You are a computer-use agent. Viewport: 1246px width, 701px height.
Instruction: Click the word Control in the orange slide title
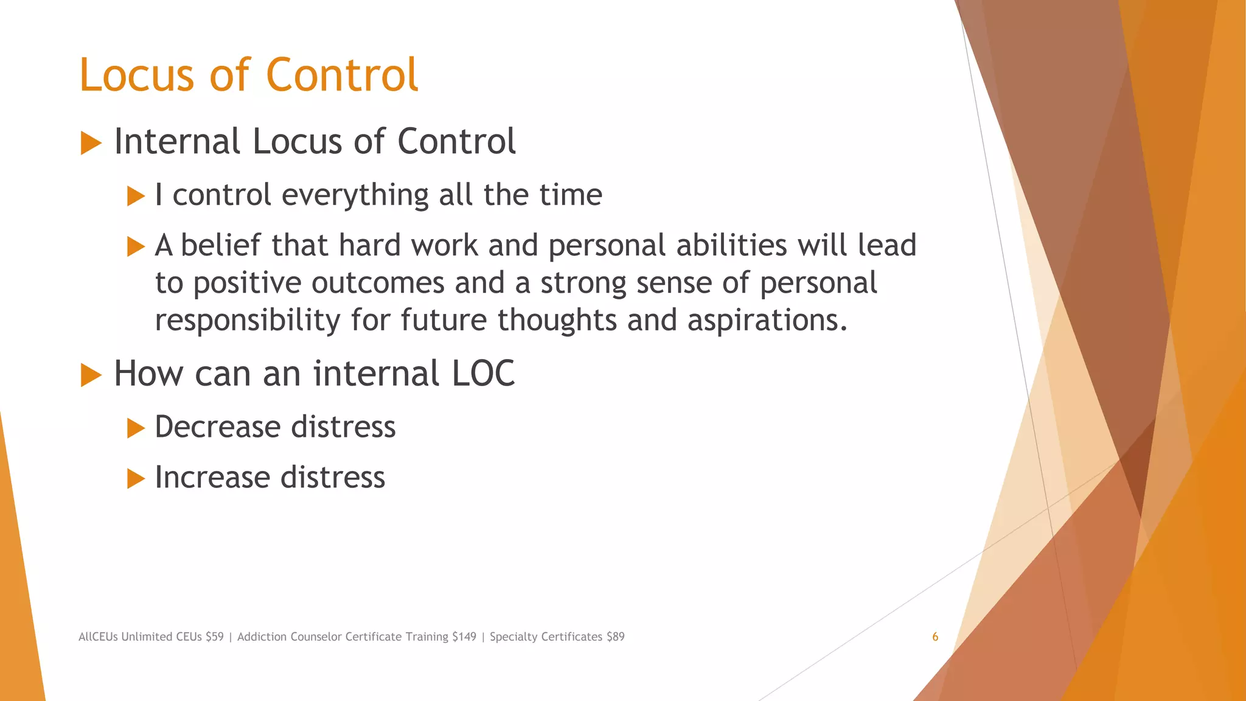(342, 75)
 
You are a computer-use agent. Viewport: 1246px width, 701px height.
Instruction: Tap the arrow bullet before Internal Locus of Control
(91, 144)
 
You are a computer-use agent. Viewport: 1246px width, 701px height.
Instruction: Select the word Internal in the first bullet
(177, 142)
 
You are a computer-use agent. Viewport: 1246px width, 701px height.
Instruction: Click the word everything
(355, 195)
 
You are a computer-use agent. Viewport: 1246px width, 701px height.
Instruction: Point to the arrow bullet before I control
(136, 197)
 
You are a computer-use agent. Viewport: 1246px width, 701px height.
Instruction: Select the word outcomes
(378, 284)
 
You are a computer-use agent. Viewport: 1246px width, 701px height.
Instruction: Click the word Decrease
(218, 427)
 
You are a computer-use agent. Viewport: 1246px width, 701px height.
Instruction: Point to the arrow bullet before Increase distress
(136, 479)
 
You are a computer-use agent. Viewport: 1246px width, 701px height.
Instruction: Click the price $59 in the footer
(214, 637)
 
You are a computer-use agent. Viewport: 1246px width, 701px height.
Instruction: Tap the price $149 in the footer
(464, 637)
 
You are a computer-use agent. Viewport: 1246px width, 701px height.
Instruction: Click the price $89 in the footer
(615, 637)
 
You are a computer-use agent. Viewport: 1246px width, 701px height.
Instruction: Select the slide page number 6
(935, 637)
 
